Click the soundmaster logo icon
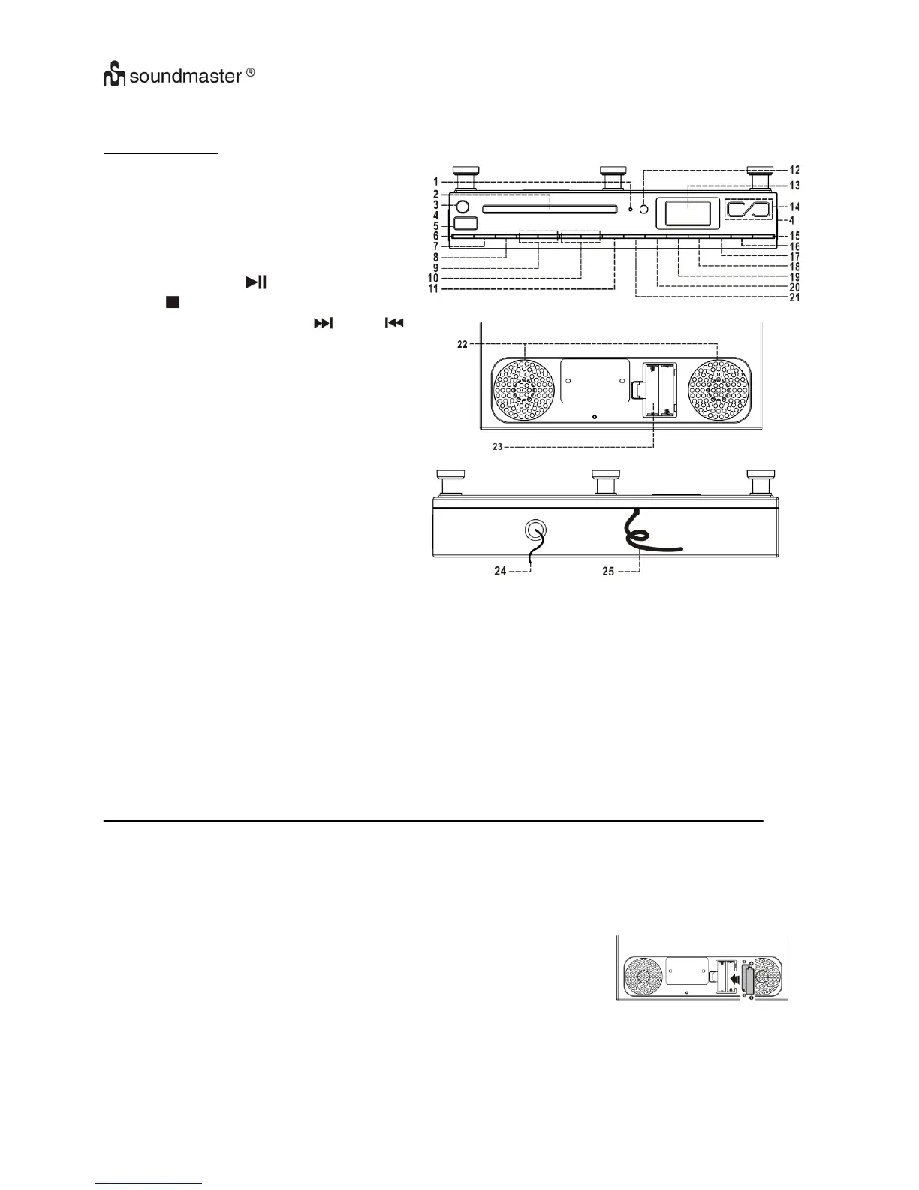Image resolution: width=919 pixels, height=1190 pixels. tap(116, 77)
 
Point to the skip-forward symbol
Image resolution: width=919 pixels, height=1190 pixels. tap(322, 323)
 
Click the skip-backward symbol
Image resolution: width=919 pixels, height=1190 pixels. tap(395, 323)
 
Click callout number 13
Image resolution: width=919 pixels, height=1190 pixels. tap(793, 186)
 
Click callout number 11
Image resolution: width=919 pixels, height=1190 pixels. tap(433, 288)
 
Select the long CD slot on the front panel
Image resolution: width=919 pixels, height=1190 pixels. tap(550, 211)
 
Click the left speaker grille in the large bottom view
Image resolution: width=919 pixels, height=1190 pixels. tap(524, 390)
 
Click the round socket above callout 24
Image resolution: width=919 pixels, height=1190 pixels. tap(534, 530)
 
